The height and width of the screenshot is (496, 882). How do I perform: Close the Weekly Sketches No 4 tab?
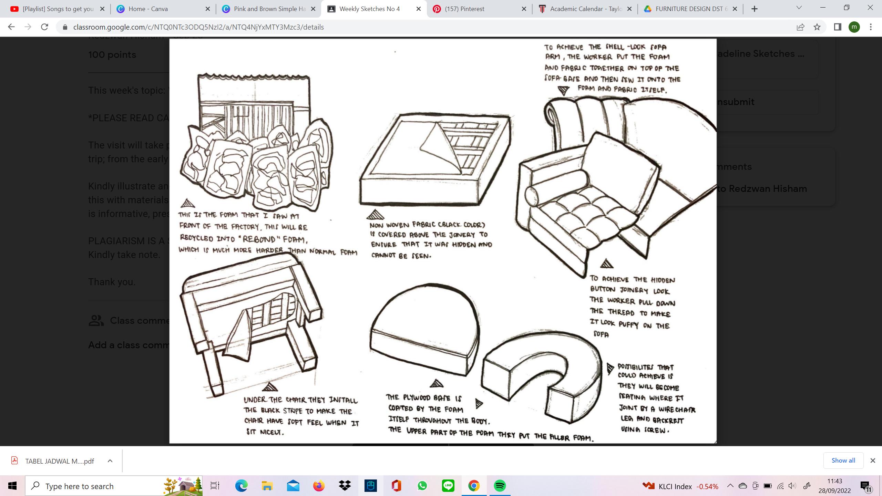tap(419, 9)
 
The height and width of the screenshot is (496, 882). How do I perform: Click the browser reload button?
tap(44, 27)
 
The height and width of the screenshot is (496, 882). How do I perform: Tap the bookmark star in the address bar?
tap(817, 27)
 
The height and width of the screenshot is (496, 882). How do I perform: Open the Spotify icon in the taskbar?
tap(500, 486)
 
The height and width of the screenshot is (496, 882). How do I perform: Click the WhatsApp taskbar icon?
tap(422, 486)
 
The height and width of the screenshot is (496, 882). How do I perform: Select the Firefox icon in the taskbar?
tap(319, 486)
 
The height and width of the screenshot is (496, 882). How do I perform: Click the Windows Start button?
tap(12, 486)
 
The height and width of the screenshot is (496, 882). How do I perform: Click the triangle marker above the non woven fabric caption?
tap(375, 215)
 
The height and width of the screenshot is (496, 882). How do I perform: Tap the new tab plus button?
tap(755, 9)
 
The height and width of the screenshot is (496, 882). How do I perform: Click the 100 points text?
tap(112, 55)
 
